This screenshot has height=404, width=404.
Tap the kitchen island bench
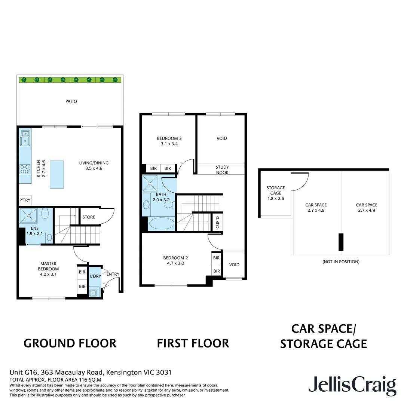coord(56,171)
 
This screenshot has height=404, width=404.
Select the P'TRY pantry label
coord(25,201)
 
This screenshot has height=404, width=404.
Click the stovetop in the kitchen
coord(25,169)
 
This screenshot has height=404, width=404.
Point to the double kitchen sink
coord(25,137)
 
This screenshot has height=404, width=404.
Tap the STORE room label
coord(89,217)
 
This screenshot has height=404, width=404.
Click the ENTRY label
coord(113,274)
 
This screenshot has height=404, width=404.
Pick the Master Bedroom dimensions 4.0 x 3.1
coord(48,274)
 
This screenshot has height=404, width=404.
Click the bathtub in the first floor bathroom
coord(162,224)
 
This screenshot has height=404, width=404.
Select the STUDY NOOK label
coord(222,170)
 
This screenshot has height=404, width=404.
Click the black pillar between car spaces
coord(341,242)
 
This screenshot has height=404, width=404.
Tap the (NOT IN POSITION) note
coord(341,262)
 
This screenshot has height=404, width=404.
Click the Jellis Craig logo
coord(352,385)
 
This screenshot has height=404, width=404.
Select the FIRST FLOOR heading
coord(193,343)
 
